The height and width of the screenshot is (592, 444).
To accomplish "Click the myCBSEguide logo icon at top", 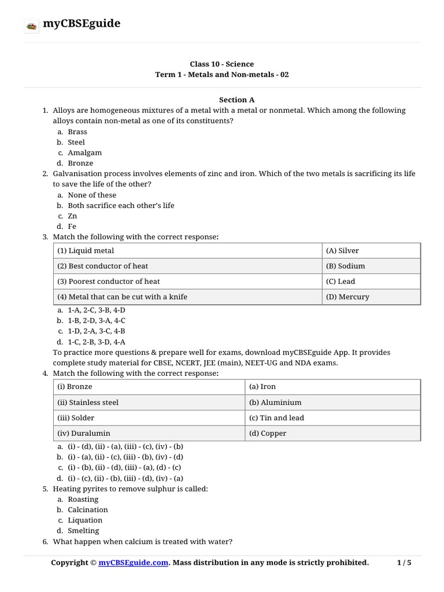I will (32, 25).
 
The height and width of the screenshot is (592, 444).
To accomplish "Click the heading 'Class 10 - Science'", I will (221, 64).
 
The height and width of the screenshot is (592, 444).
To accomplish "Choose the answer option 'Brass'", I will (77, 132).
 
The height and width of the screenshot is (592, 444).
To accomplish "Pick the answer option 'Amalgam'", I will (84, 153).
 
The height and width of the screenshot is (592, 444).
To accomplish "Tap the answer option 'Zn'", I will (72, 216).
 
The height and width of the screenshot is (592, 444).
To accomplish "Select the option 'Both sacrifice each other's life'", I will (121, 205).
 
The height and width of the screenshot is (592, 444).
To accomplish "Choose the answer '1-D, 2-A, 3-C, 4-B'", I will (97, 331).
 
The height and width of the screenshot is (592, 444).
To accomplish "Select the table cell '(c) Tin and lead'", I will (276, 418).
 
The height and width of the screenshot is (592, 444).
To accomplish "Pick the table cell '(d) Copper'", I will (268, 433).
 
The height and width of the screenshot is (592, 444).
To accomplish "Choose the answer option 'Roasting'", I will (83, 499).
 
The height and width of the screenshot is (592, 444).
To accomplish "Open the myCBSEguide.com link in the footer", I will (134, 563).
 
